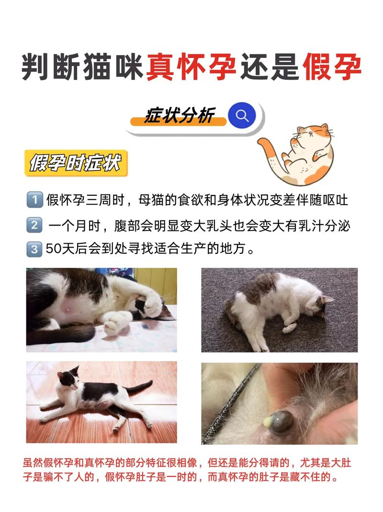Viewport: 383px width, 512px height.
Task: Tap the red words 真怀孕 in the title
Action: (x=191, y=68)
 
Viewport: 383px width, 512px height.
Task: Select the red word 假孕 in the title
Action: (x=331, y=68)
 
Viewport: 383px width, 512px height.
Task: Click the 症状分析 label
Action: (x=179, y=116)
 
